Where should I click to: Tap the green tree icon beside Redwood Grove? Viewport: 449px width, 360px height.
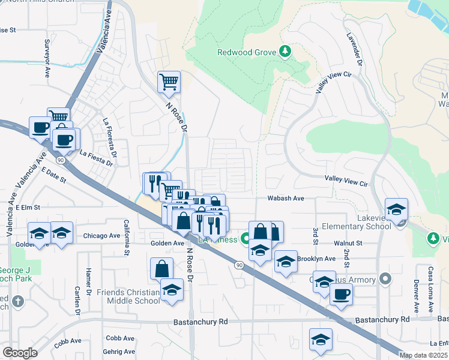point(286,52)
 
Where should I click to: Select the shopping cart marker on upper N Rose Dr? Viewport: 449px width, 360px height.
point(169,82)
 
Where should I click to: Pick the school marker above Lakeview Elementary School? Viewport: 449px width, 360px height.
point(396,209)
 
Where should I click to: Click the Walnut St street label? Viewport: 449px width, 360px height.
point(349,243)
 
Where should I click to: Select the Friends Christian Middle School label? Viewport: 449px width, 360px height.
point(129,297)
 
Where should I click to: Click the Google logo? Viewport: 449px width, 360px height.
point(20,352)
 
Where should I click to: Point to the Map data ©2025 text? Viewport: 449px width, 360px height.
point(424,355)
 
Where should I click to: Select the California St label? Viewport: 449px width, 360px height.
point(126,237)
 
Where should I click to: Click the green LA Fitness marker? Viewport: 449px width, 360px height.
point(245,239)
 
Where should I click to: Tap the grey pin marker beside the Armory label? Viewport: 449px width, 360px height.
point(385,279)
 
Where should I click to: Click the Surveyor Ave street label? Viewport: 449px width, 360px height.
point(47,58)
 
